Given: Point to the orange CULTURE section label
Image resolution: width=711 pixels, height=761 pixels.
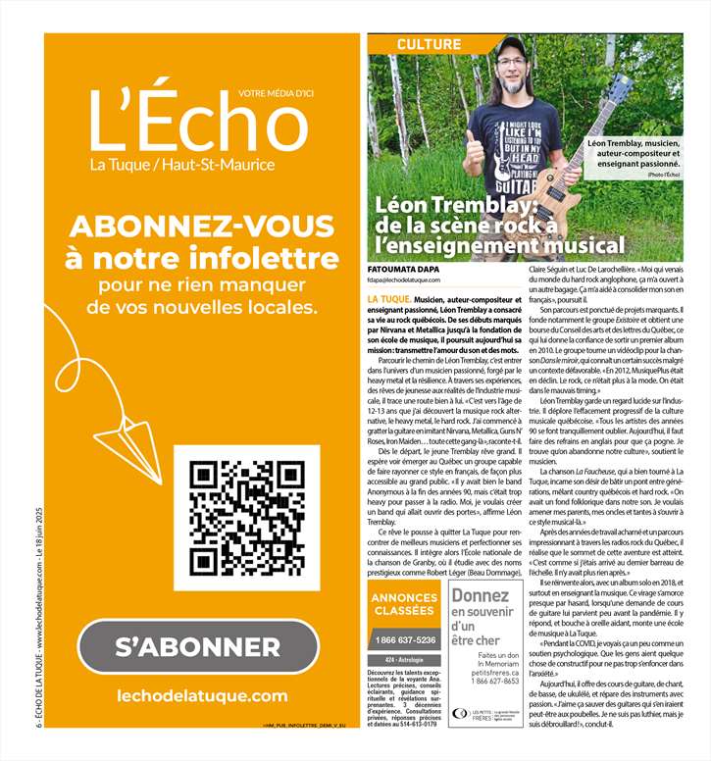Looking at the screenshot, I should [429, 45].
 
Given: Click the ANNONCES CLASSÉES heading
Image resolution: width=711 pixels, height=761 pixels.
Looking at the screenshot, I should [404, 604].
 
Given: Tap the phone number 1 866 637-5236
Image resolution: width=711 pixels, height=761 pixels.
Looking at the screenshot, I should [404, 639].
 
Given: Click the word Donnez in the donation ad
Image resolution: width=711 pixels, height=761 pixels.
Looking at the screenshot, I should [480, 595].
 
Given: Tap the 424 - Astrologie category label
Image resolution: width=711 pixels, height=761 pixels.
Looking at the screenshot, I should [404, 660].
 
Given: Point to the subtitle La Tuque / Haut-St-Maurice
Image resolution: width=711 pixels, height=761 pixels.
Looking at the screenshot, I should [182, 165].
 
